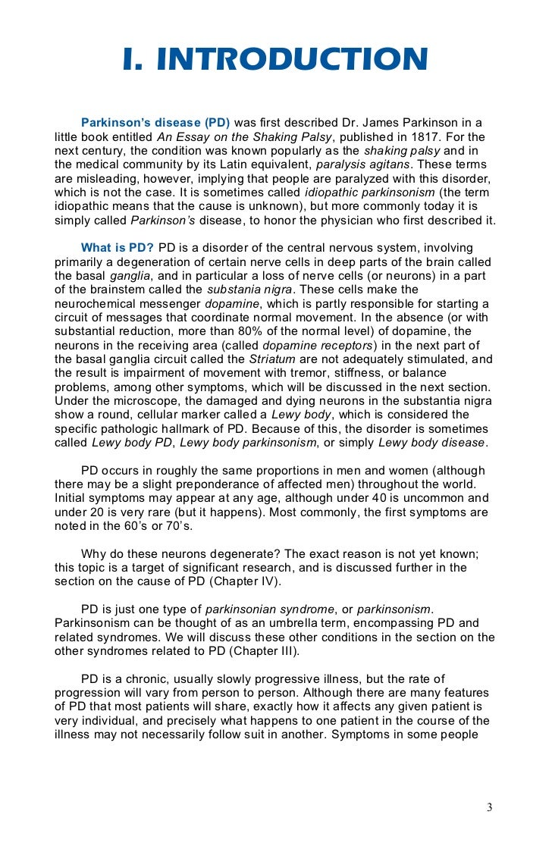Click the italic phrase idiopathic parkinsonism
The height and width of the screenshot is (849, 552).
pos(369,193)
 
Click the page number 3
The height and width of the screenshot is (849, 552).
pos(489,807)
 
